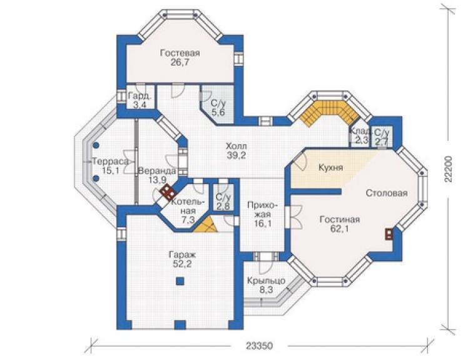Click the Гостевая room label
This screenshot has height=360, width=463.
180,53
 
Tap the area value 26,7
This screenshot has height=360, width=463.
180,63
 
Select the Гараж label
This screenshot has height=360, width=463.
180,255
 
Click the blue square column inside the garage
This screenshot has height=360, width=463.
180,280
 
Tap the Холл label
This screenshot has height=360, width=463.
237,146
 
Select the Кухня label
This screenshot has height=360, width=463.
331,168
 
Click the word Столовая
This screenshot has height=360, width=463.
387,193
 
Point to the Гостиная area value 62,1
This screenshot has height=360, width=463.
340,229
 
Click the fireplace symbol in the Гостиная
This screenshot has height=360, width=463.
389,234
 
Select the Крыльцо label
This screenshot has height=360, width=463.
267,280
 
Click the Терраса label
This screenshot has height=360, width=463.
111,162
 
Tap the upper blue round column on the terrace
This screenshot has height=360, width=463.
96,145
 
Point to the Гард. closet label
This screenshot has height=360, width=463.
140,96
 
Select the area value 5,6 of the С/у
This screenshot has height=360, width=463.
218,112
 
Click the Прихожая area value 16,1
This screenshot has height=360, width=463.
263,223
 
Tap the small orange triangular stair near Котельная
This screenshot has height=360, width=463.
206,225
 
